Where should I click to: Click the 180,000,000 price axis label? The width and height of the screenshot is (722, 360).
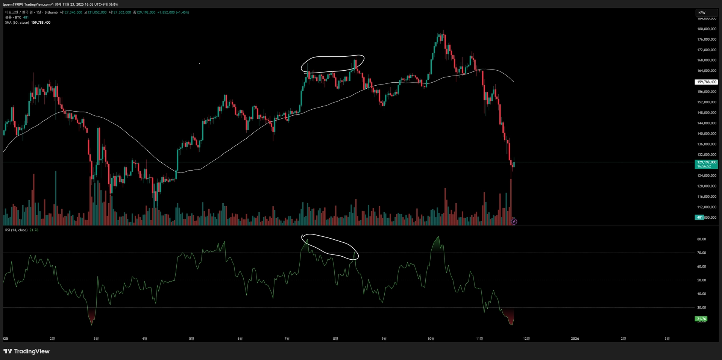[x=707, y=29]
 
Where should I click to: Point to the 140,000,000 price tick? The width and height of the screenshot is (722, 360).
[x=707, y=133]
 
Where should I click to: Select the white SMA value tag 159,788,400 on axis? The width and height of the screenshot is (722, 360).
[x=706, y=82]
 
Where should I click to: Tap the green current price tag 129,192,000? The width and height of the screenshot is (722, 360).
[x=706, y=164]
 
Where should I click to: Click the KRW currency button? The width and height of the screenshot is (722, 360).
[x=702, y=13]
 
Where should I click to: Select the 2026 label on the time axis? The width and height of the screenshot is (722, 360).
[x=575, y=339]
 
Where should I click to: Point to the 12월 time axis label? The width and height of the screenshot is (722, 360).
[x=526, y=339]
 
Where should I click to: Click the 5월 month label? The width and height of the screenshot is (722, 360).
[x=191, y=339]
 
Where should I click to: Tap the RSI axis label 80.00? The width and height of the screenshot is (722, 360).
[x=701, y=239]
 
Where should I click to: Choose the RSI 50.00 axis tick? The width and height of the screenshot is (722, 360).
[x=701, y=280]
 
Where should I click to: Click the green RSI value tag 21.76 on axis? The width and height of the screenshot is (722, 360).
[x=701, y=319]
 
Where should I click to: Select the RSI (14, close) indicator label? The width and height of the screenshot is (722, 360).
[x=16, y=230]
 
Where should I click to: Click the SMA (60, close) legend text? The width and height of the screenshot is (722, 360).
[x=17, y=23]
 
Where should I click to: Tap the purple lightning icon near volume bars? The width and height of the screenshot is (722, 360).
[x=514, y=222]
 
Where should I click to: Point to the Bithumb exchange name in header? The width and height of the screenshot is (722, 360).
[x=51, y=12]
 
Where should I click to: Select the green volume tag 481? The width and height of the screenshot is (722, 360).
[x=699, y=217]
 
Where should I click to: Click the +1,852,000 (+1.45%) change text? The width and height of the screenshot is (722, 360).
[x=173, y=12]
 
